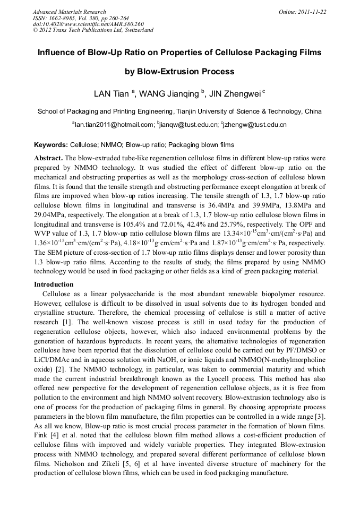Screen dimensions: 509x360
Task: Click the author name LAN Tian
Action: click(111, 94)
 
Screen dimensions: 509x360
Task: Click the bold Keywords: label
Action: click(50, 145)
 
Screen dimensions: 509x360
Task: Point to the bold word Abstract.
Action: click(48, 158)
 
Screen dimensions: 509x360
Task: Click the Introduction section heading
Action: click(54, 284)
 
